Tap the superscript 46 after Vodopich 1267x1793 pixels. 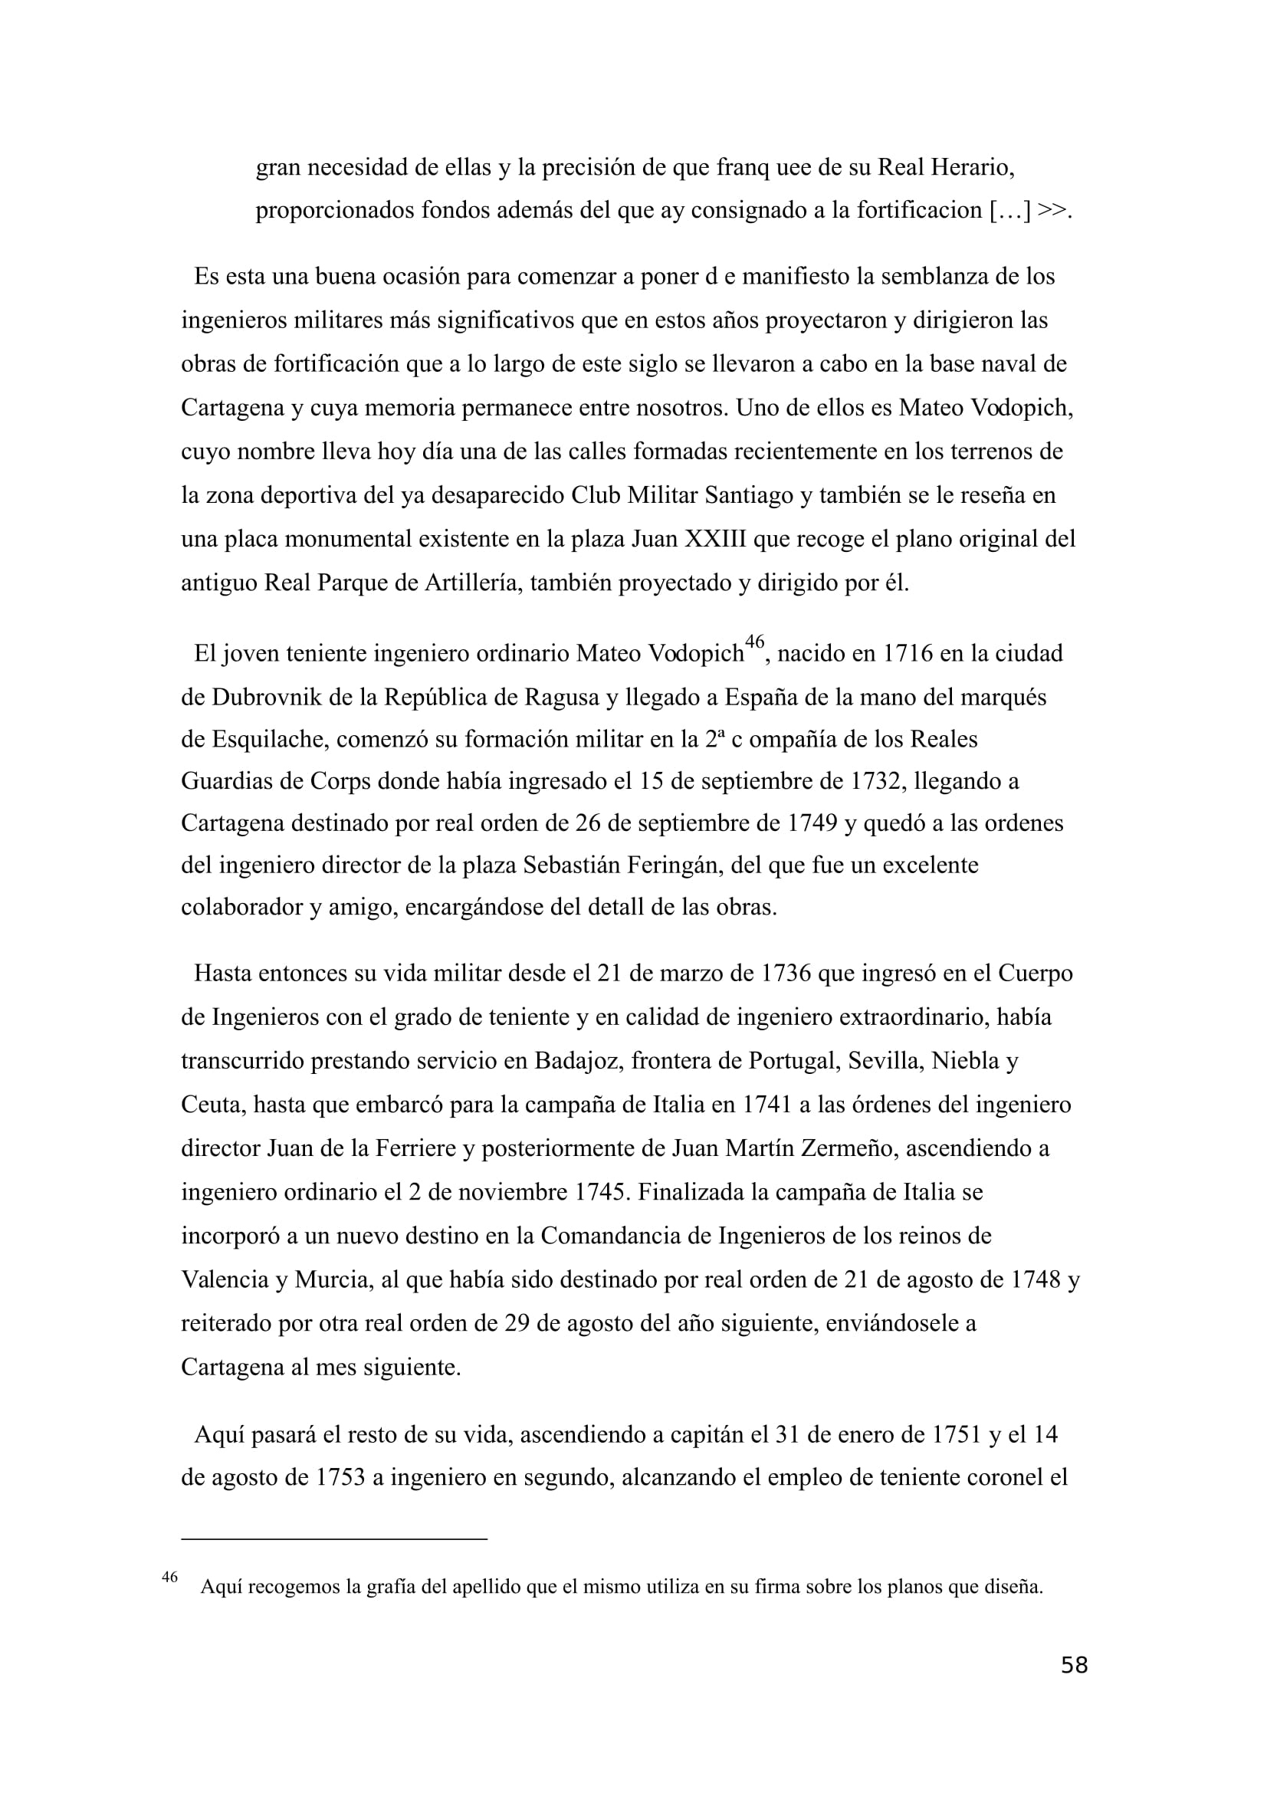[753, 642]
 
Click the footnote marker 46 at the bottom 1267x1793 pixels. [169, 1577]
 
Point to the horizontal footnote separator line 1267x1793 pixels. [333, 1538]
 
